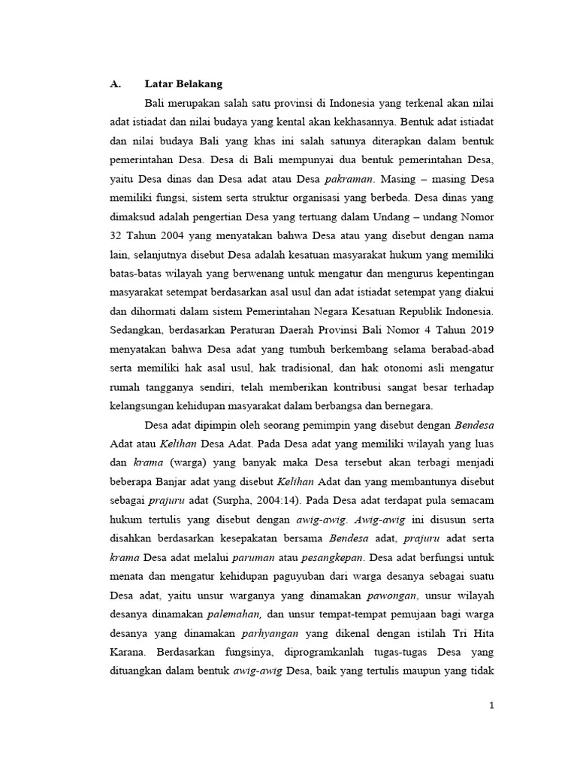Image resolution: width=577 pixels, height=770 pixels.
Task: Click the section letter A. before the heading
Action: (x=116, y=84)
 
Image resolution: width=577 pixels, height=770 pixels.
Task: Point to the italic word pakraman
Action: (x=349, y=180)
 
